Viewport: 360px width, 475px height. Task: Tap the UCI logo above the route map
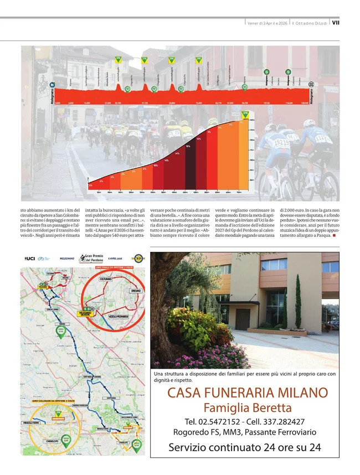[29, 259]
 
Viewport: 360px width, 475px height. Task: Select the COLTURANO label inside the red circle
[105, 279]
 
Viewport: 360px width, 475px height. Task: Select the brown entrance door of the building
[242, 319]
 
